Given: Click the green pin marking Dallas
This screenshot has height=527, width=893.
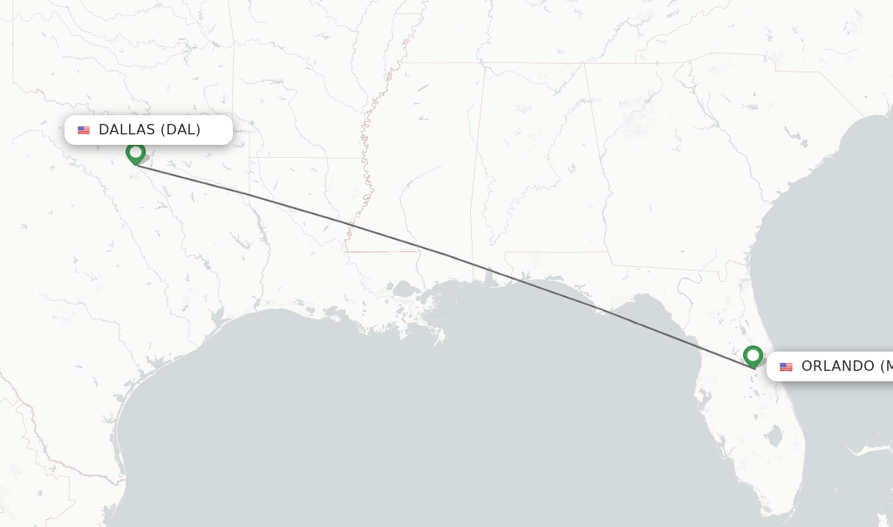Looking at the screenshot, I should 135,153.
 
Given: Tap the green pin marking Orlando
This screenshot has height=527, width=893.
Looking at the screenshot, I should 753,356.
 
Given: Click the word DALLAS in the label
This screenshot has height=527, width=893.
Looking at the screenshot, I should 127,130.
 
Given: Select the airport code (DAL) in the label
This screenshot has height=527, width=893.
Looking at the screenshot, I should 181,130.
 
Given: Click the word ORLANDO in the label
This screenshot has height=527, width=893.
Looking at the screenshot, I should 837,366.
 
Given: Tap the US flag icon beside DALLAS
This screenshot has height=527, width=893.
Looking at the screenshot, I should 84,130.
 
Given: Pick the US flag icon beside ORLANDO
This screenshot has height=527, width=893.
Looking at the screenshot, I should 786,366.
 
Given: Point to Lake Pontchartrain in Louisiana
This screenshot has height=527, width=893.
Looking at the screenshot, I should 404,289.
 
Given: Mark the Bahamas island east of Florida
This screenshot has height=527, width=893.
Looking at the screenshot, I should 868,450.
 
